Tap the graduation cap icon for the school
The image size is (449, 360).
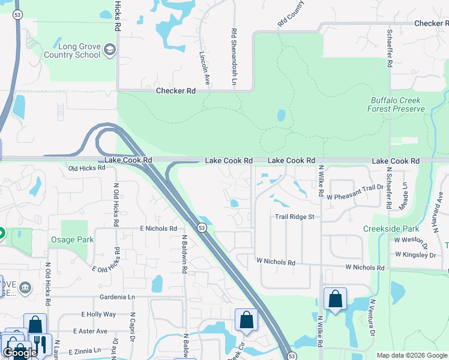click(109, 50)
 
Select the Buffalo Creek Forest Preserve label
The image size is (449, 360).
click(396, 105)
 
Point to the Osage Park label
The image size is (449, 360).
click(71, 239)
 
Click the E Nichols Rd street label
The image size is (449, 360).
click(158, 229)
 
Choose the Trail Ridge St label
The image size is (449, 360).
click(295, 217)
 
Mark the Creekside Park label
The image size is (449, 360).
click(391, 229)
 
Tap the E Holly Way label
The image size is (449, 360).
click(98, 314)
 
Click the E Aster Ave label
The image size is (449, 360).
click(90, 331)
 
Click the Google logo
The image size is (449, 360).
click(20, 353)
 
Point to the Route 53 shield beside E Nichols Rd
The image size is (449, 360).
click(202, 227)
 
